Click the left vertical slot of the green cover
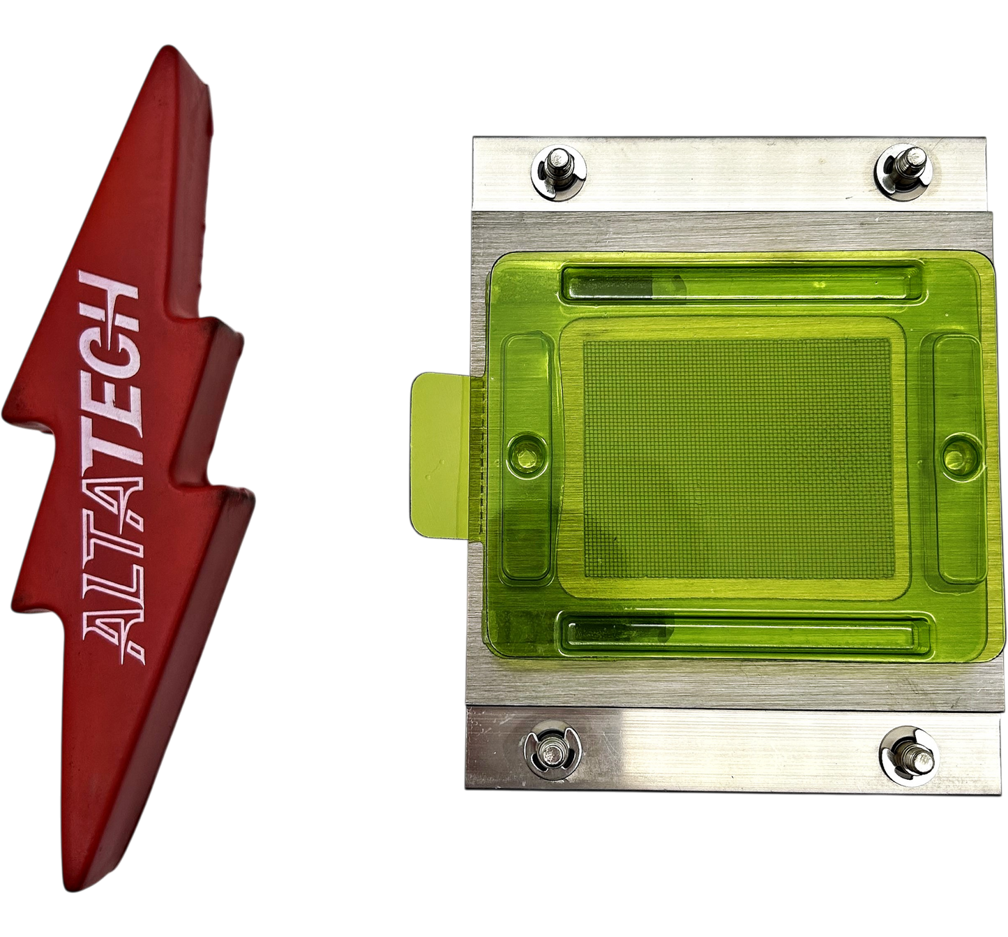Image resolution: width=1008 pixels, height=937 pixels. pyautogui.click(x=528, y=458)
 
